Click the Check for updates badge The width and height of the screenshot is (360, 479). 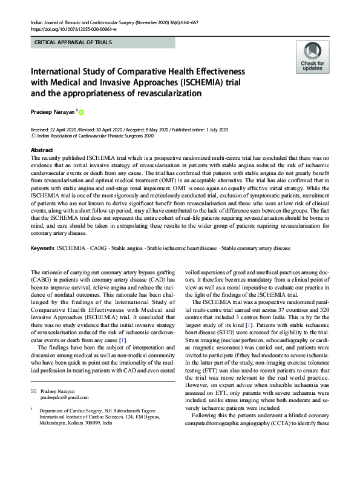click(312, 58)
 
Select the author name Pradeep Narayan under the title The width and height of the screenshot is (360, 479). click(52, 112)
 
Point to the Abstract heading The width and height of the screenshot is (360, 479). click(42, 149)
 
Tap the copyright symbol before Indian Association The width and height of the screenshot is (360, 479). click(33, 137)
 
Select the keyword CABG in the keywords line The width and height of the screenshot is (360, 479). click(96, 249)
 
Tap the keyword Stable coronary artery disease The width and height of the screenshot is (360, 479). click(257, 249)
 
